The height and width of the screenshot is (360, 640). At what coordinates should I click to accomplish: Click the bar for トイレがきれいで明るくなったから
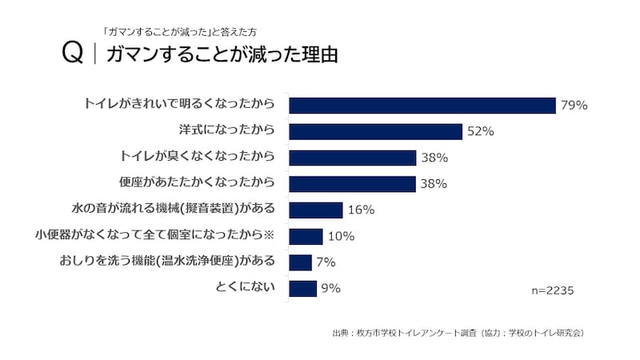pyautogui.click(x=422, y=105)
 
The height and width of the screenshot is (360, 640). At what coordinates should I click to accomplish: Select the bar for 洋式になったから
pyautogui.click(x=375, y=131)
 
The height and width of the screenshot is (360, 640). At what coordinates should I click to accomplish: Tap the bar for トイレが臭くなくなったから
pyautogui.click(x=352, y=158)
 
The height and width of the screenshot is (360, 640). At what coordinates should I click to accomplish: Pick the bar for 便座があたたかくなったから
pyautogui.click(x=352, y=184)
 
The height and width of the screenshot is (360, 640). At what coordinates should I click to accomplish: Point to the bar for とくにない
pyautogui.click(x=302, y=289)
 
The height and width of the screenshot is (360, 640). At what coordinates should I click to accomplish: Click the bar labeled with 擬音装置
pyautogui.click(x=315, y=210)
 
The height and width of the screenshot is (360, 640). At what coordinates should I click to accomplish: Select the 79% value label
pyautogui.click(x=574, y=105)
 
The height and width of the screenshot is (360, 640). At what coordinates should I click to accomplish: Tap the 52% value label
pyautogui.click(x=481, y=131)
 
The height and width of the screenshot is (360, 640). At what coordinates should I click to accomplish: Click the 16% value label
pyautogui.click(x=362, y=210)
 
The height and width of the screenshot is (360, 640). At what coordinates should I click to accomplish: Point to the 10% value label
pyautogui.click(x=341, y=236)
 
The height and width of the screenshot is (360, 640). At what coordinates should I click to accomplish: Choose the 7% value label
pyautogui.click(x=326, y=262)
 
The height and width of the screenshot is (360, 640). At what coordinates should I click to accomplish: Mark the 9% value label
pyautogui.click(x=330, y=289)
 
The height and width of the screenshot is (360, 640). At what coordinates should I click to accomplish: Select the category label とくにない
pyautogui.click(x=246, y=286)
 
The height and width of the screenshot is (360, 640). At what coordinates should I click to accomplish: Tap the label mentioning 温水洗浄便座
pyautogui.click(x=167, y=260)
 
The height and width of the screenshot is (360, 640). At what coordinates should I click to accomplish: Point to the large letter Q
pyautogui.click(x=73, y=54)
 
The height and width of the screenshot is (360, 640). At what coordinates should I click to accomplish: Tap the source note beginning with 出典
pyautogui.click(x=457, y=332)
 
